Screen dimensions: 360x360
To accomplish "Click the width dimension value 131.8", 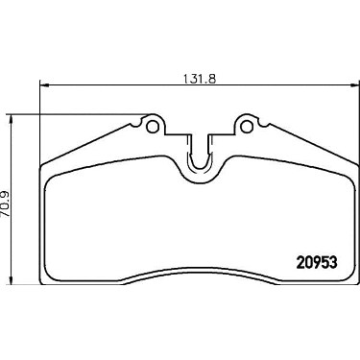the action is point(200,78).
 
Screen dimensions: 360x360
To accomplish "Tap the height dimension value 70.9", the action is point(7,205).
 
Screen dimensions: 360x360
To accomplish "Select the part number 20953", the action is point(317,263).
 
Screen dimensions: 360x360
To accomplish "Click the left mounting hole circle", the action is point(153,127).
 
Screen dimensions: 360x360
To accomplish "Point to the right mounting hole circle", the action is point(247,127).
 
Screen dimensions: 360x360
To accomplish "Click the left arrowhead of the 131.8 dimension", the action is point(43,85).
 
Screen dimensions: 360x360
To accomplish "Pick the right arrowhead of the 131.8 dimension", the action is point(355,85).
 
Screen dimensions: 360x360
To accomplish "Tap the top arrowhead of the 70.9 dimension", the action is point(12,119).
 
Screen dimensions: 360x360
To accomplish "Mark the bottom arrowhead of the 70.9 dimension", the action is point(12,279).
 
